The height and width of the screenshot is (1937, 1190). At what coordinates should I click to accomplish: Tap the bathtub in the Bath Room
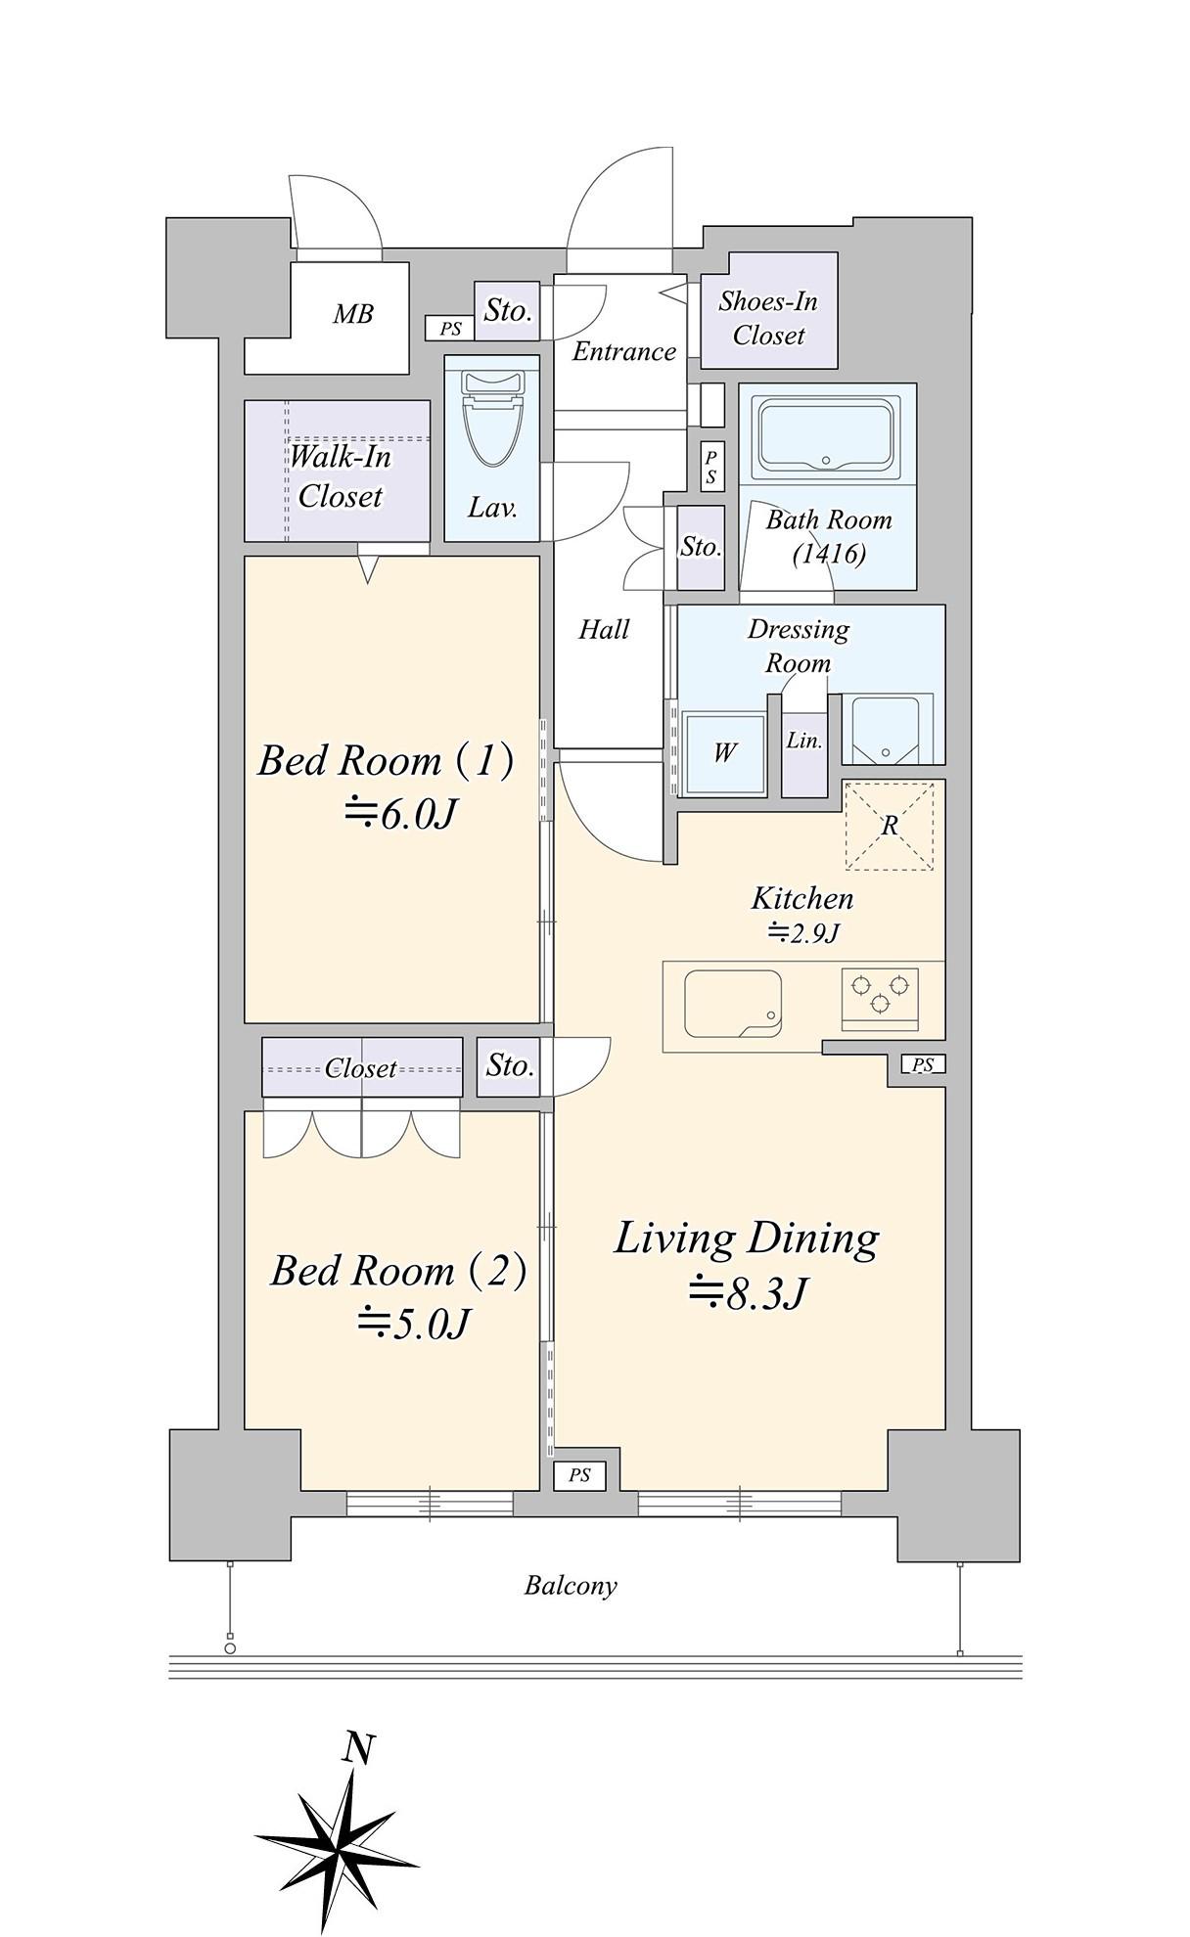click(x=827, y=434)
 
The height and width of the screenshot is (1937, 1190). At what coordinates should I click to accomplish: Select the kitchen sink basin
click(x=733, y=1004)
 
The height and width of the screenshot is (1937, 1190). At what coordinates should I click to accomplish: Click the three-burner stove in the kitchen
click(x=880, y=998)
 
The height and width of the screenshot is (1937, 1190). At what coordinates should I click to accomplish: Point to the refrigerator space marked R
click(x=890, y=826)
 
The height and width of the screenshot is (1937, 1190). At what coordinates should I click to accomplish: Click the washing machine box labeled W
click(x=725, y=752)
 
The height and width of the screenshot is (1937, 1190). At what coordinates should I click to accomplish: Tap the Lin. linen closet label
click(x=804, y=741)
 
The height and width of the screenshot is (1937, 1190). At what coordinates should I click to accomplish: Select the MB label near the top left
click(x=353, y=314)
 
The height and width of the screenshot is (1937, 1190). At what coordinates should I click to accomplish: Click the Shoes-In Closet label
click(x=768, y=318)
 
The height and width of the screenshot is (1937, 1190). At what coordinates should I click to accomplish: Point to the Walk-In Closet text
click(x=340, y=476)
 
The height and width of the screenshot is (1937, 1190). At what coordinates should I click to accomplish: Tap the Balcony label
click(x=571, y=1586)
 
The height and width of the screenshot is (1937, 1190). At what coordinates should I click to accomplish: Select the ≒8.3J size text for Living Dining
click(x=748, y=1293)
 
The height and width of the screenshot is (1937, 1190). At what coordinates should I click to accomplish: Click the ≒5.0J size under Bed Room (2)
click(x=414, y=1324)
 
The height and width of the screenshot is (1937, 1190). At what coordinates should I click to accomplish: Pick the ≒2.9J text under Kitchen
click(x=803, y=933)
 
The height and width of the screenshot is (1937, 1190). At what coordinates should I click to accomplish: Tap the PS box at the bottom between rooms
click(x=579, y=1475)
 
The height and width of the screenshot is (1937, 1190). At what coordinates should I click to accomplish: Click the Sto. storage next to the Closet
click(x=510, y=1065)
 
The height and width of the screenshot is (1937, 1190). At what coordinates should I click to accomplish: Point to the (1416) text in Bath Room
click(x=829, y=555)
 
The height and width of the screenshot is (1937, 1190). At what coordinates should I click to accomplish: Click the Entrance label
click(x=624, y=351)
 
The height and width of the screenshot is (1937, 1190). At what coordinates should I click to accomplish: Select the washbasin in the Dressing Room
click(x=887, y=728)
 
